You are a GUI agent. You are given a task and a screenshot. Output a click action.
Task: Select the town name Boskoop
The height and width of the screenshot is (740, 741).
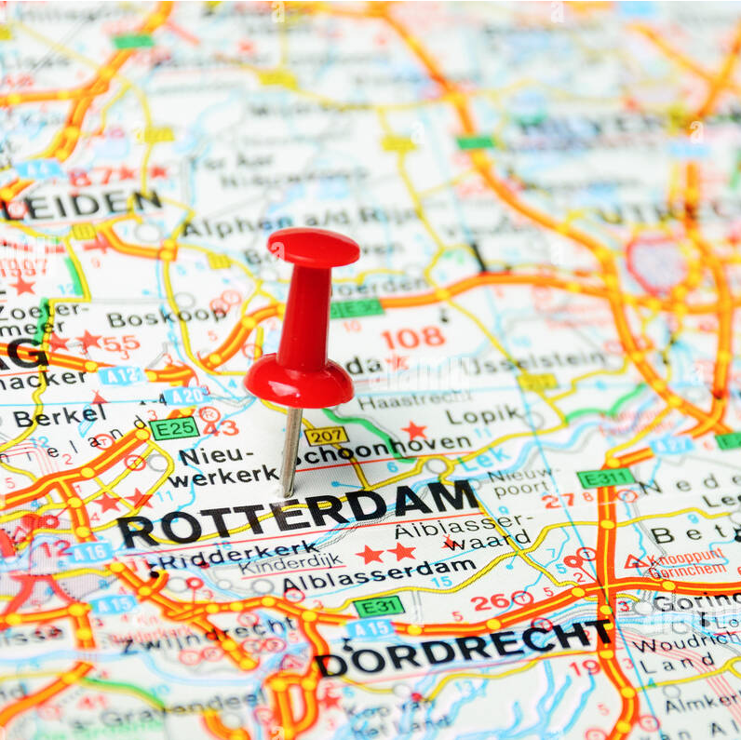(168, 316)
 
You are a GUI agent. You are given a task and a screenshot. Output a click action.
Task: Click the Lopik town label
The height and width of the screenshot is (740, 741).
(485, 415)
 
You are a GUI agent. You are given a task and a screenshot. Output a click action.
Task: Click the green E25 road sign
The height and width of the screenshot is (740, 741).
(174, 429)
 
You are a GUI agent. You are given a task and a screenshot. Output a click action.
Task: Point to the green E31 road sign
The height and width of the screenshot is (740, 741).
(379, 606)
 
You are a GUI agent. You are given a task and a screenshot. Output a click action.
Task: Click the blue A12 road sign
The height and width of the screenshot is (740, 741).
(120, 376)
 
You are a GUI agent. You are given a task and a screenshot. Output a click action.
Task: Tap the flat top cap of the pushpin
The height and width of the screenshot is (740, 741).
(314, 247)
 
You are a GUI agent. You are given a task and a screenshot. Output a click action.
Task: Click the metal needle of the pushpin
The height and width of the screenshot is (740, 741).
(290, 452)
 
